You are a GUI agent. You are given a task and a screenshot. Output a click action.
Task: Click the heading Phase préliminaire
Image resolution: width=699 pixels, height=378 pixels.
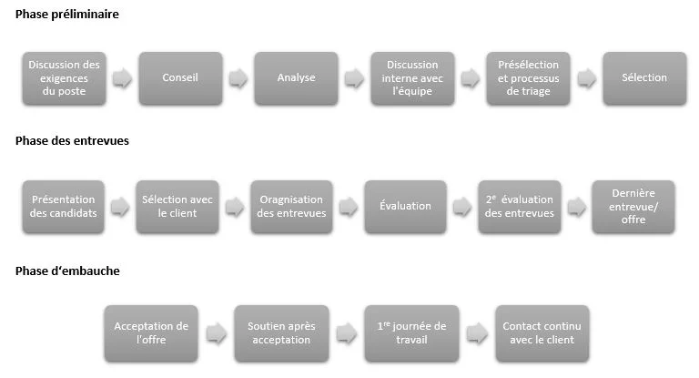pos(66,15)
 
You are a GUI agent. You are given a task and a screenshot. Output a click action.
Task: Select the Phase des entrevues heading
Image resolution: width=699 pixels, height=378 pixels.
pos(72,141)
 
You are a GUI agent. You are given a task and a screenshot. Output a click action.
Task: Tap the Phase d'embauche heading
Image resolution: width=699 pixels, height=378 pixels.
pos(67,271)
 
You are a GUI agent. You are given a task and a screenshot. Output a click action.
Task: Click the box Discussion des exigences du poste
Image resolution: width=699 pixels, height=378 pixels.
pos(65,78)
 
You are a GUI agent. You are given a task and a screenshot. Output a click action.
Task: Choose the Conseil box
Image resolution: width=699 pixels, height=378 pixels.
pos(179,78)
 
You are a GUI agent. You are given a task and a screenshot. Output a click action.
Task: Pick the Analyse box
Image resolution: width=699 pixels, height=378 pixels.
pos(296,78)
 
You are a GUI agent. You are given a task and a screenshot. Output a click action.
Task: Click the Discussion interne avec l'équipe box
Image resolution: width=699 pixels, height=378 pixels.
pos(411,78)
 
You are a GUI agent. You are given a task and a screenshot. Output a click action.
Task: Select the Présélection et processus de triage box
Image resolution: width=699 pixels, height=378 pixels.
pos(528,78)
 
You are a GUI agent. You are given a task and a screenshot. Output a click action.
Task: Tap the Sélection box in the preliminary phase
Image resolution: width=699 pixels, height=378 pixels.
pos(643,78)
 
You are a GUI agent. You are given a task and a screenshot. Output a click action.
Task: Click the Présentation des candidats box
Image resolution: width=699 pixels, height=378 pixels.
pos(65,207)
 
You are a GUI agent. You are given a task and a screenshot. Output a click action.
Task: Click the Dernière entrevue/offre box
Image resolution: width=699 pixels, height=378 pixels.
pos(633,207)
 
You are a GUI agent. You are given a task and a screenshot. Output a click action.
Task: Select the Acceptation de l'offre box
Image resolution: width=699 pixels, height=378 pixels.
pos(151,332)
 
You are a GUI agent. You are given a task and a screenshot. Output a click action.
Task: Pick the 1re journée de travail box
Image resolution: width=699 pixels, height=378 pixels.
pos(411,332)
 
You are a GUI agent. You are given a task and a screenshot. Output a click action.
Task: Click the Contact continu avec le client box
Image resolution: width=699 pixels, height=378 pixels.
pos(541,332)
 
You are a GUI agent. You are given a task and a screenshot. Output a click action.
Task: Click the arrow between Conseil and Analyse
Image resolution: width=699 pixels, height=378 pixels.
pos(238,78)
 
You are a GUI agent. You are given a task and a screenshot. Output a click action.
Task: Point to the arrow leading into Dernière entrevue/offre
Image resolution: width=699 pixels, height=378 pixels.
pos(575,207)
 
